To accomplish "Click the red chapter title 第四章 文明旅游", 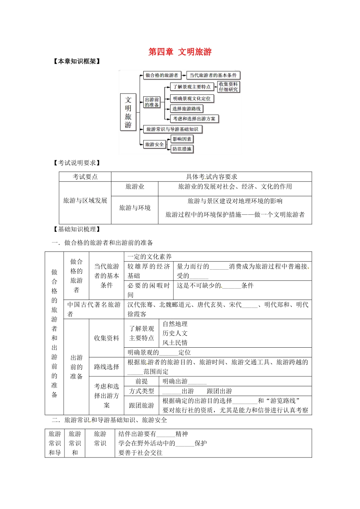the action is tap(180, 52).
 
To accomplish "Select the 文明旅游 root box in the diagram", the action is tap(128, 112).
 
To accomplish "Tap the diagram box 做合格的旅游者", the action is tap(161, 75).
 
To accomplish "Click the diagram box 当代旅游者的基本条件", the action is tap(213, 75).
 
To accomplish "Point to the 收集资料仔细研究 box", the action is tap(229, 87).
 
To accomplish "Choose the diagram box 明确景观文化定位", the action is tap(192, 98).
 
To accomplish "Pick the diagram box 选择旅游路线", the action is tap(186, 109).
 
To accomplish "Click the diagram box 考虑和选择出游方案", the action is tap(194, 119).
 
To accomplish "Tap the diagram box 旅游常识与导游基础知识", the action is tap(172, 129).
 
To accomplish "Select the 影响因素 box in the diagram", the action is tap(182, 139).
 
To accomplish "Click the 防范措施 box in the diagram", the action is tap(182, 149).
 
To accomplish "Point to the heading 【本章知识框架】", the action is tap(77, 61).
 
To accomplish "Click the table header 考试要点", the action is tap(85, 176).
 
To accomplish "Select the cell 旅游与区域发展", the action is tap(85, 200).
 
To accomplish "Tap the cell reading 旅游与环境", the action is tap(135, 208).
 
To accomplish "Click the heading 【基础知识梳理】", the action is tap(77, 229).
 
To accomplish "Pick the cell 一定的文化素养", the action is tap(150, 256).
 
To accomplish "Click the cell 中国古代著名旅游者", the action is tap(94, 309).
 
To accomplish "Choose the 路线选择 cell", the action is tap(106, 367).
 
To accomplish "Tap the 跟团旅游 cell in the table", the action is tap(141, 405).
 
